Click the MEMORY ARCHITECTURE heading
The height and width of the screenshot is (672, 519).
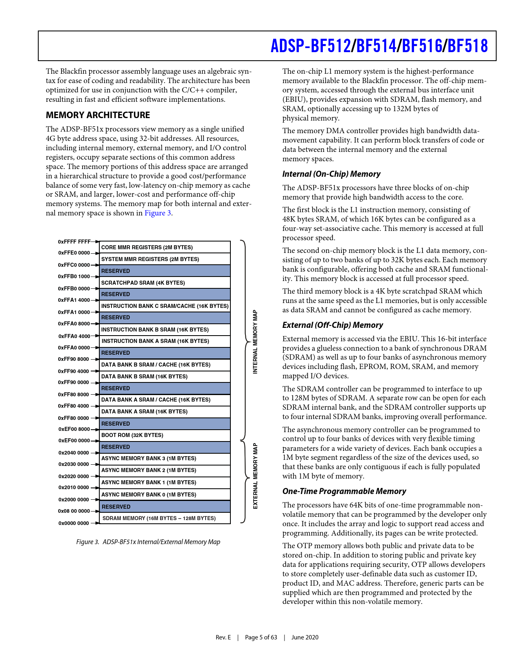pyautogui.click(x=98, y=115)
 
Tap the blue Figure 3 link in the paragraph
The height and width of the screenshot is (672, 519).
pyautogui.click(x=158, y=213)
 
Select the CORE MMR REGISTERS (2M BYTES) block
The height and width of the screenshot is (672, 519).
pyautogui.click(x=165, y=247)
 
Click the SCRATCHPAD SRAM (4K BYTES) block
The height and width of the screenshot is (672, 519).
pyautogui.click(x=165, y=283)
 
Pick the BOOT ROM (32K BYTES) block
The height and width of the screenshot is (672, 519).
pyautogui.click(x=165, y=435)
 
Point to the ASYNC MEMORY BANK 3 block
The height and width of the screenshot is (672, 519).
pyautogui.click(x=165, y=459)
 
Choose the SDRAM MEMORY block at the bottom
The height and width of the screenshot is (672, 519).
pyautogui.click(x=165, y=518)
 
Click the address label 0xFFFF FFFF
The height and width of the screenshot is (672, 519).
pyautogui.click(x=74, y=242)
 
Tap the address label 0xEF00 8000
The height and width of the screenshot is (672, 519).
pyautogui.click(x=74, y=429)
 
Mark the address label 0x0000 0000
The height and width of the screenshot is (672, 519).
pyautogui.click(x=74, y=523)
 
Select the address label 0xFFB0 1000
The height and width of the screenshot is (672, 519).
pyautogui.click(x=74, y=277)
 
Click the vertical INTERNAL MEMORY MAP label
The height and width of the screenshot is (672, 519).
pyautogui.click(x=255, y=342)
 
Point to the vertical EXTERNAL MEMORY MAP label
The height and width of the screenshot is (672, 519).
pyautogui.click(x=255, y=476)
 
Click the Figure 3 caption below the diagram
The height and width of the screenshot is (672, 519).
pyautogui.click(x=148, y=542)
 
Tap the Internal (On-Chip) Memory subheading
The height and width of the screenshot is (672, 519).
pyautogui.click(x=331, y=174)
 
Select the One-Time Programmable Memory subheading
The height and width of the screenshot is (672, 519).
pyautogui.click(x=344, y=492)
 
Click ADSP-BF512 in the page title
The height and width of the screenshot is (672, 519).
pyautogui.click(x=311, y=46)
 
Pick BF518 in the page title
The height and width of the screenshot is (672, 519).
pyautogui.click(x=468, y=46)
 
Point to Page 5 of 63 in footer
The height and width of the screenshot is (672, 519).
pyautogui.click(x=261, y=637)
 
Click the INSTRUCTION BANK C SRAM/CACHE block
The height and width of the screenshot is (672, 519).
pyautogui.click(x=165, y=306)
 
